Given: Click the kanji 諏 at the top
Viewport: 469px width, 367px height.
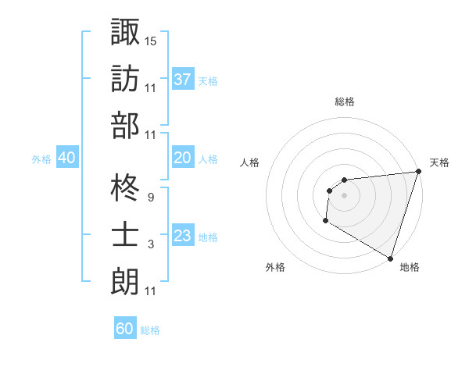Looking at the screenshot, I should click(x=125, y=32).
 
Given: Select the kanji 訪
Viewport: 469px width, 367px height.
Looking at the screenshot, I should click(x=125, y=78).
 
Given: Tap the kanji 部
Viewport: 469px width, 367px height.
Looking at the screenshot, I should click(x=125, y=125).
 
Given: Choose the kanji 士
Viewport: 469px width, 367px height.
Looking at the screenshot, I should click(x=125, y=235).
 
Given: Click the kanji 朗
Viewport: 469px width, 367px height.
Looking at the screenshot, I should click(x=125, y=281).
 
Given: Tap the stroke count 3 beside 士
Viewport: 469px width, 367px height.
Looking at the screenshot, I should click(x=150, y=244).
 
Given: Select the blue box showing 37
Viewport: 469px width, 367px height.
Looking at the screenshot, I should click(x=183, y=79).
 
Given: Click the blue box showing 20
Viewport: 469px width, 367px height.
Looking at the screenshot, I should click(x=183, y=158).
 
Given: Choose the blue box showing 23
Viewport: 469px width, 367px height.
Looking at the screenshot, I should click(x=183, y=236).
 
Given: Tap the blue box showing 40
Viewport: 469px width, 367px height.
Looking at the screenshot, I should click(x=66, y=158).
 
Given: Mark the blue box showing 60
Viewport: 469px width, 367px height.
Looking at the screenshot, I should click(x=125, y=329).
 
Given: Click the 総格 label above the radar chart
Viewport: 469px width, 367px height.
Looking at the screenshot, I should click(x=344, y=102).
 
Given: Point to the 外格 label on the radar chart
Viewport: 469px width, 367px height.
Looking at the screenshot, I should click(x=275, y=267).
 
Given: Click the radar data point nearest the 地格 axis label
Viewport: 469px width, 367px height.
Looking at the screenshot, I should click(x=390, y=258).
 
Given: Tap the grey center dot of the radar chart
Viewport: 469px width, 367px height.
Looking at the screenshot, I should click(x=344, y=195).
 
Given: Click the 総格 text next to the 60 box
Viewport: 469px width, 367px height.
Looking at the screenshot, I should click(x=150, y=330).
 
